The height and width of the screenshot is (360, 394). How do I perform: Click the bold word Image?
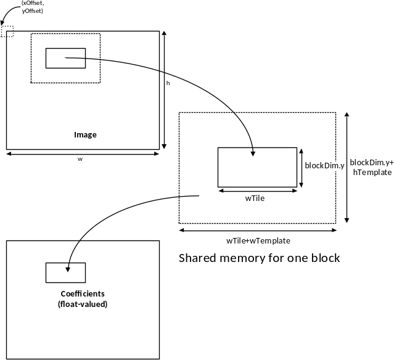[x=85, y=135]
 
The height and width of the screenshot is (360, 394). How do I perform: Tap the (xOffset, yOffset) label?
[x=33, y=7]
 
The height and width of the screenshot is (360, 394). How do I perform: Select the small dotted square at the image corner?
[x=7, y=31]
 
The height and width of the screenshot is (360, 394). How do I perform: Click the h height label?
[x=168, y=83]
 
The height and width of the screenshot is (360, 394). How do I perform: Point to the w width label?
[x=80, y=159]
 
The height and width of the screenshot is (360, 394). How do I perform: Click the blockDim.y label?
[x=324, y=166]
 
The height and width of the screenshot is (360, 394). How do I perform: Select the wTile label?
[x=255, y=198]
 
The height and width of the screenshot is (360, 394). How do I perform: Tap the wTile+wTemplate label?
[x=258, y=240]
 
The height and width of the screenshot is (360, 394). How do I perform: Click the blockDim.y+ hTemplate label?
[x=372, y=167]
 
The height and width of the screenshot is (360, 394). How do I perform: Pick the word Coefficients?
[x=83, y=293]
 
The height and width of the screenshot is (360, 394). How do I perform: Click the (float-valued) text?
[x=83, y=305]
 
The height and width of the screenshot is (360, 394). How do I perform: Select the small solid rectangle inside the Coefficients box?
[x=65, y=273]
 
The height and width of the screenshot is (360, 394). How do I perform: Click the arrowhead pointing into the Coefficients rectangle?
[x=68, y=270]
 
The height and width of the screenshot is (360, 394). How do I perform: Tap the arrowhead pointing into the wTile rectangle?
[x=253, y=153]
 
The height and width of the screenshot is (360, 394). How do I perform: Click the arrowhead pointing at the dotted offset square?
[x=2, y=23]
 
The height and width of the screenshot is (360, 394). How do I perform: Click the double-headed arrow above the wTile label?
[x=258, y=191]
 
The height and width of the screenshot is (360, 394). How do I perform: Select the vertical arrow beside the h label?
[x=164, y=90]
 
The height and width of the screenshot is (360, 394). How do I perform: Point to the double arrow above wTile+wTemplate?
[x=258, y=230]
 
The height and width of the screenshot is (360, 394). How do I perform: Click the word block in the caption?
[x=326, y=258]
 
